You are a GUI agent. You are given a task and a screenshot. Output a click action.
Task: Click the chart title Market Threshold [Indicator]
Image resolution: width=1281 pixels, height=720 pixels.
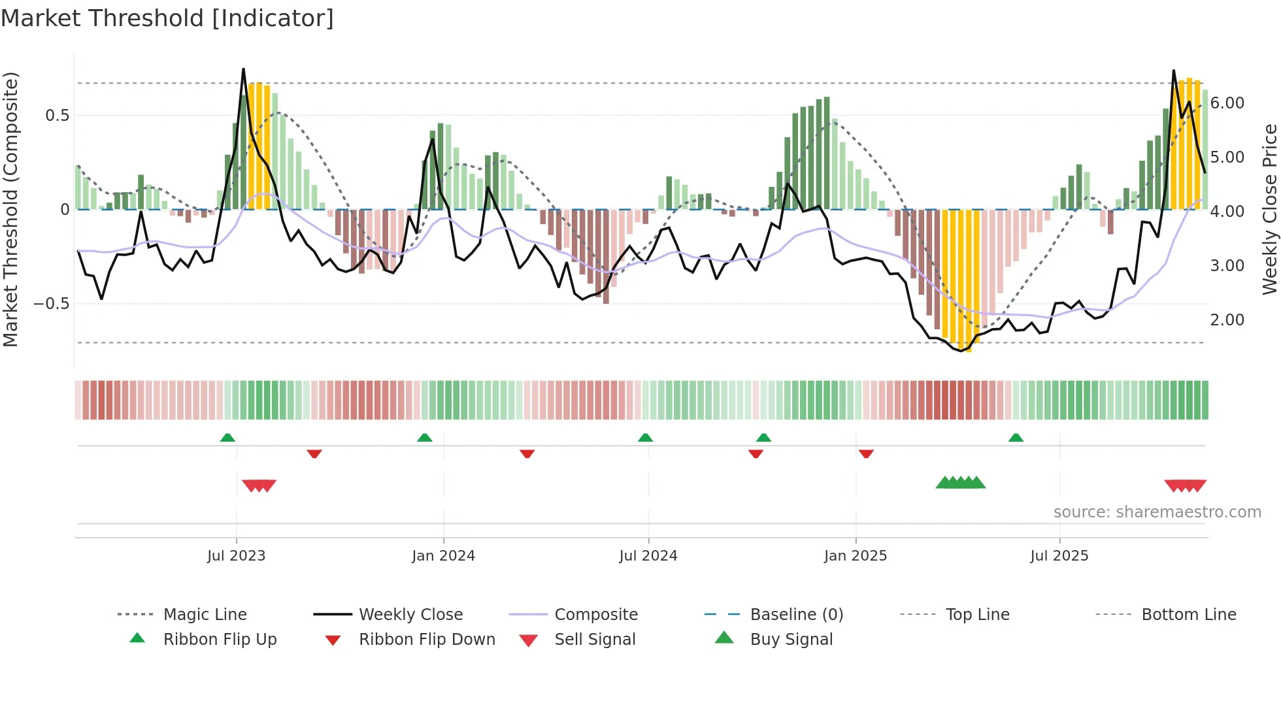pyautogui.click(x=167, y=18)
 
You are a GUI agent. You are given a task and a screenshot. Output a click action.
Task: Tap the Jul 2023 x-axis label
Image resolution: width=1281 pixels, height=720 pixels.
pyautogui.click(x=236, y=556)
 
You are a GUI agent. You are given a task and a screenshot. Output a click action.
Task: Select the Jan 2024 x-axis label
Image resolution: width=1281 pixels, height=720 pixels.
pyautogui.click(x=443, y=556)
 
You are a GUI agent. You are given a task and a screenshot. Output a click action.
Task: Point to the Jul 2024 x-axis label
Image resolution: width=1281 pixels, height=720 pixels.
pyautogui.click(x=648, y=556)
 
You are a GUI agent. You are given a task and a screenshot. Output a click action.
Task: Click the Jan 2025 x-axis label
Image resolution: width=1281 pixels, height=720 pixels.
pyautogui.click(x=855, y=556)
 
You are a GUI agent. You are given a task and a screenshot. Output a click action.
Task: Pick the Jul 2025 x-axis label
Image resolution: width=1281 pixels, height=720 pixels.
pyautogui.click(x=1059, y=556)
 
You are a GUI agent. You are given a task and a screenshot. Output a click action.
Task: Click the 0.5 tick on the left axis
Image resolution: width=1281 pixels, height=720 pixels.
pyautogui.click(x=57, y=116)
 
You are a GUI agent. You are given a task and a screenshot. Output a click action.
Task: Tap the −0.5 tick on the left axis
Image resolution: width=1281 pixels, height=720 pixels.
pyautogui.click(x=51, y=304)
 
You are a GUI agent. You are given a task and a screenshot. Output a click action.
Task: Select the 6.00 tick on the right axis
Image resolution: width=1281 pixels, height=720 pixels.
pyautogui.click(x=1227, y=103)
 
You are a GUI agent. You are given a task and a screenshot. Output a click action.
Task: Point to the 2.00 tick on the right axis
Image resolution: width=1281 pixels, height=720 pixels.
pyautogui.click(x=1227, y=320)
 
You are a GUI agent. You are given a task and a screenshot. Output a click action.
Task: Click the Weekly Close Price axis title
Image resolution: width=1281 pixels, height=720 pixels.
pyautogui.click(x=1269, y=209)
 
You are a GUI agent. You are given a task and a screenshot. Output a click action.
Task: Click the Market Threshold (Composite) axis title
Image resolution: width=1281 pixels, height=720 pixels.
pyautogui.click(x=10, y=209)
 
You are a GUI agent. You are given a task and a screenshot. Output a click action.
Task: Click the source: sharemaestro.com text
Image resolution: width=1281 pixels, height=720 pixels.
pyautogui.click(x=1157, y=512)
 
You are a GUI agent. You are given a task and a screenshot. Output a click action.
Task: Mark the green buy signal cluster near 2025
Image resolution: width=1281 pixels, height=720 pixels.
pyautogui.click(x=960, y=483)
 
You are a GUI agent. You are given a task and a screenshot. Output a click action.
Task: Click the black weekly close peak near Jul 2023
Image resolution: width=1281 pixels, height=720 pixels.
pyautogui.click(x=243, y=69)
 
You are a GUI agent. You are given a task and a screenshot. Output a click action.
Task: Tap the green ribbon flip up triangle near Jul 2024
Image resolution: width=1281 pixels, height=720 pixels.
pyautogui.click(x=645, y=437)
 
